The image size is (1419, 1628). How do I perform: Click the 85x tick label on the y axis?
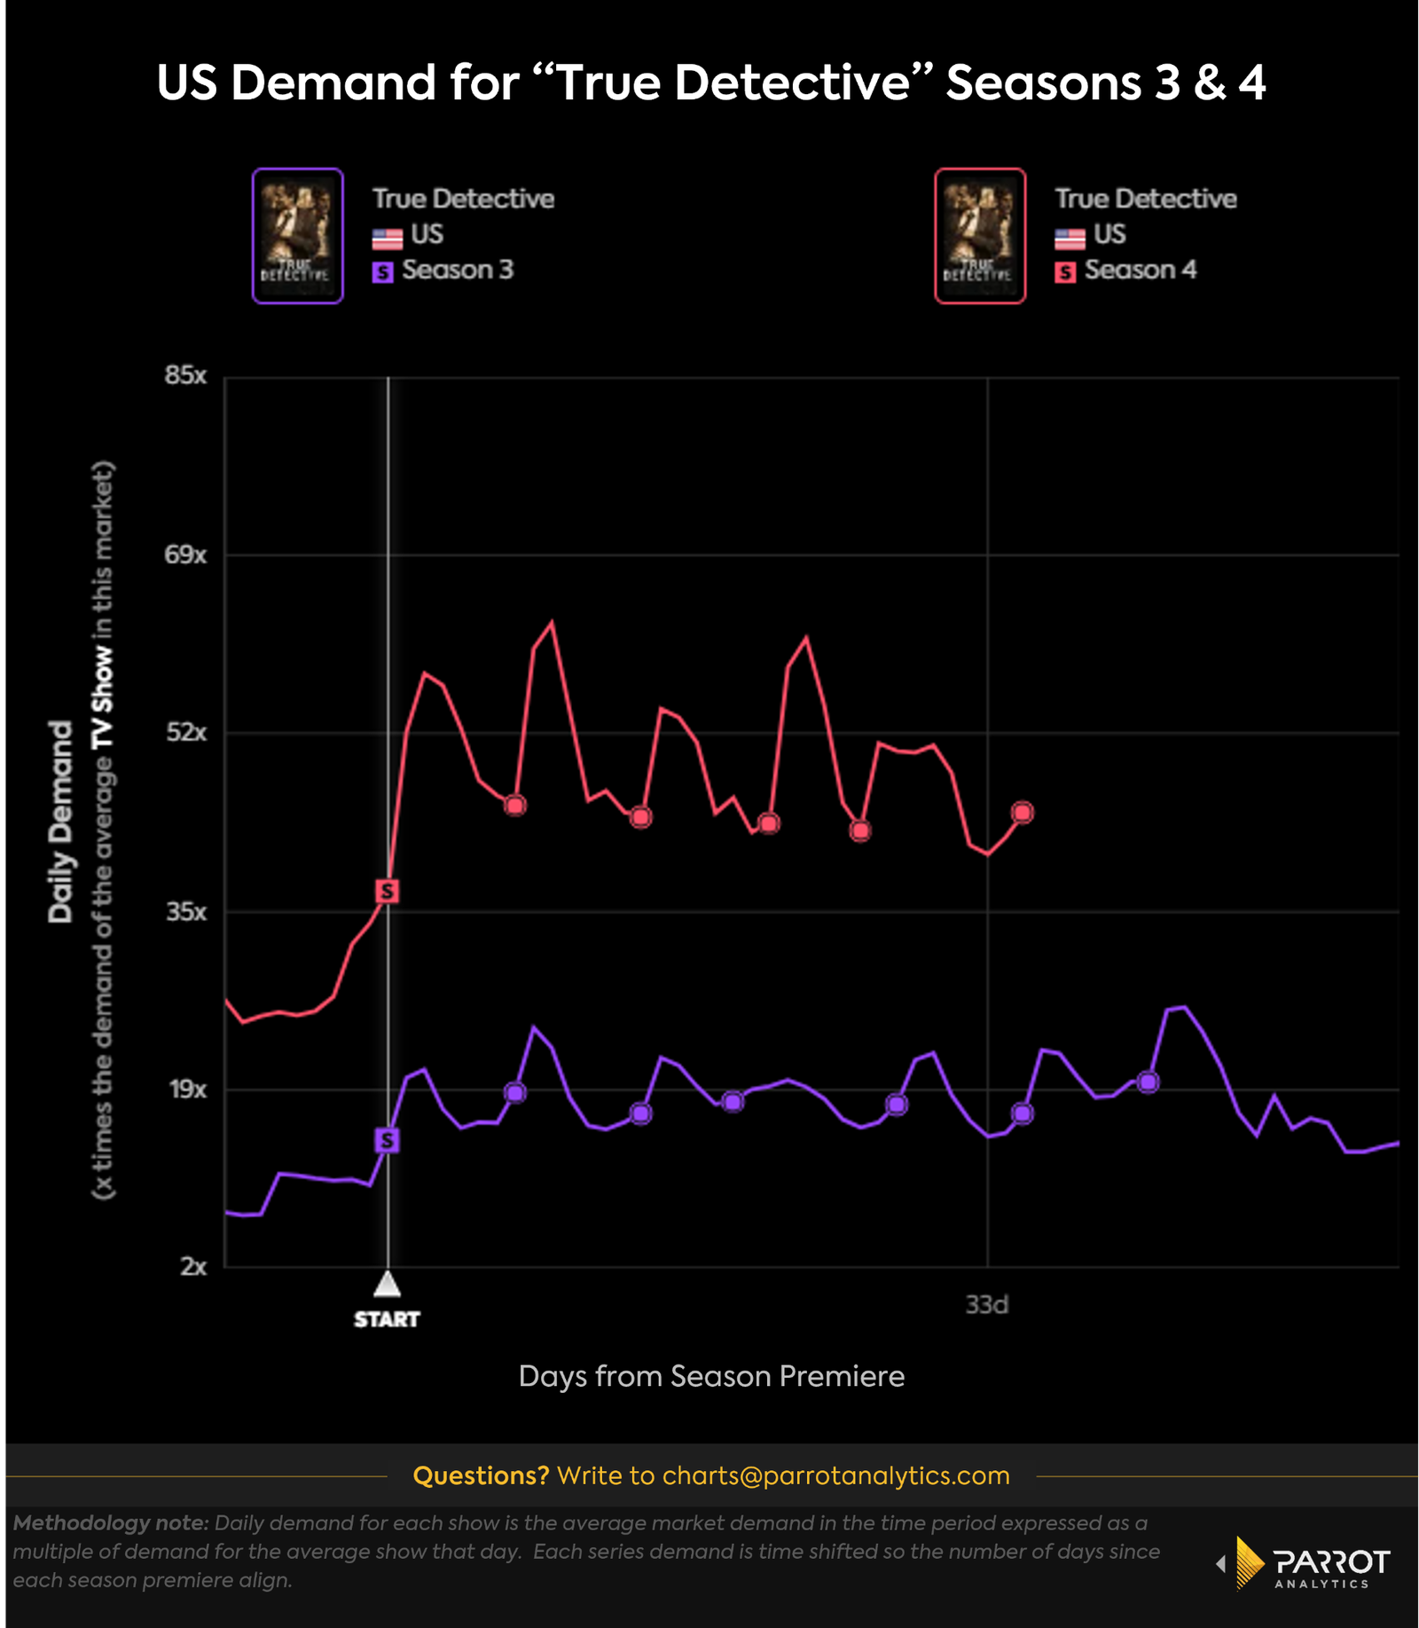point(185,375)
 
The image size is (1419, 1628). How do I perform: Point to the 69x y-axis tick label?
point(185,555)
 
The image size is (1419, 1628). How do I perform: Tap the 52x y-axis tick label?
point(186,733)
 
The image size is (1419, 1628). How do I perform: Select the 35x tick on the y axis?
point(186,911)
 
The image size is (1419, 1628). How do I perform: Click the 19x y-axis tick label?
point(187,1089)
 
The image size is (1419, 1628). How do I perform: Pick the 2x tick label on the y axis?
point(192,1267)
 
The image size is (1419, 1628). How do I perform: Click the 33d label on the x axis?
point(986,1305)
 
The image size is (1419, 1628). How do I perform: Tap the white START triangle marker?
point(388,1284)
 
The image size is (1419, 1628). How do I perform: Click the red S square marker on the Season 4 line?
point(388,891)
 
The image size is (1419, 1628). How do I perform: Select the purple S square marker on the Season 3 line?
point(388,1140)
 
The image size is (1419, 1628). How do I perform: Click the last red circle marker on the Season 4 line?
point(1023,813)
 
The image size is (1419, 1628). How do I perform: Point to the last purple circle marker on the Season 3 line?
point(1149,1082)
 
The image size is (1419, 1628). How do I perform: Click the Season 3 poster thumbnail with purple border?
point(298,236)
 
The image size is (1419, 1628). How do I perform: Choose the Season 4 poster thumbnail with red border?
point(980,236)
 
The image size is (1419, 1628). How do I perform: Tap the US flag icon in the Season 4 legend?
point(1070,238)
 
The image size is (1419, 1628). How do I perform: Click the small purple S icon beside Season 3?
point(382,272)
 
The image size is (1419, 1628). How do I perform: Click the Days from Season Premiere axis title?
point(711,1376)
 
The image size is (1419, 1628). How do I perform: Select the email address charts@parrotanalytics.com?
point(835,1475)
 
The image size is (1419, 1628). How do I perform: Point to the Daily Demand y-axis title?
point(60,822)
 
